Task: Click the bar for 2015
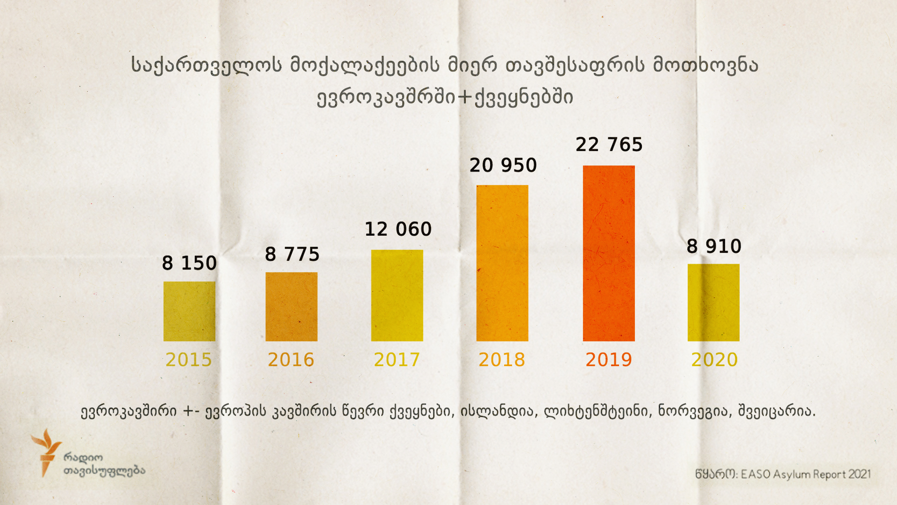click(x=189, y=311)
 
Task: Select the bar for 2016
click(x=292, y=307)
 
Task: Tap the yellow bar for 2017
click(x=397, y=296)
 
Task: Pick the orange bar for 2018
click(x=502, y=263)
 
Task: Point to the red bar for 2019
click(x=609, y=253)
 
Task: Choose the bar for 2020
click(x=713, y=303)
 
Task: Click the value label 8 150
click(x=189, y=263)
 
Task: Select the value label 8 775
click(x=292, y=254)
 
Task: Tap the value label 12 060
click(x=398, y=229)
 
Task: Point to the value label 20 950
click(x=503, y=166)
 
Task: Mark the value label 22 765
click(x=609, y=145)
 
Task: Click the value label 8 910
click(x=714, y=246)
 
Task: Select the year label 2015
click(x=189, y=360)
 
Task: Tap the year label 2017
click(x=397, y=360)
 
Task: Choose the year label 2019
click(x=609, y=360)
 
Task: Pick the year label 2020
click(x=714, y=360)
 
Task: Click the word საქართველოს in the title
click(x=206, y=65)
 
